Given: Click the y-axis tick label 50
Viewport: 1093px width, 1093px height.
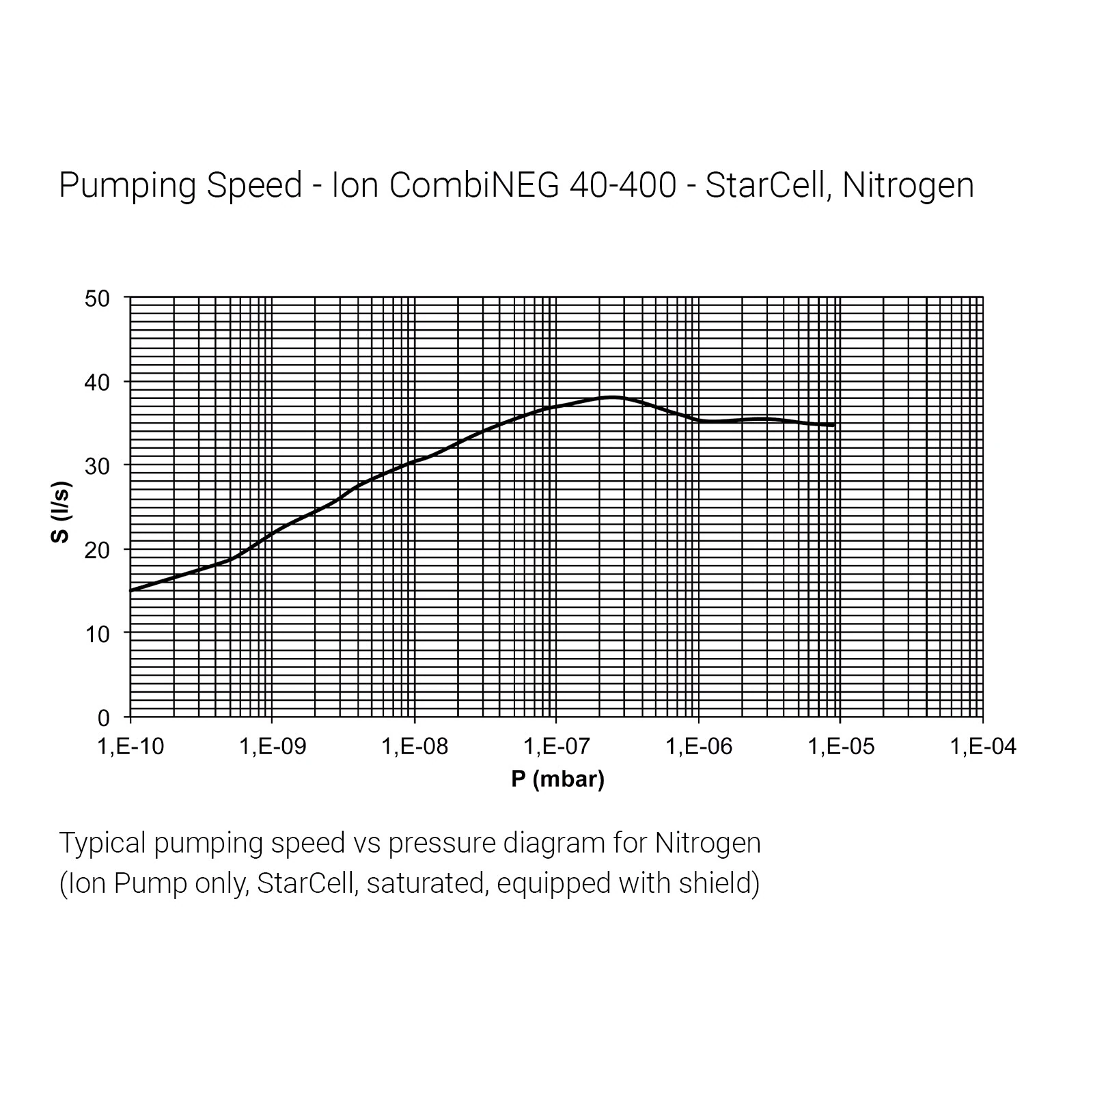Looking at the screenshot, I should click(97, 299).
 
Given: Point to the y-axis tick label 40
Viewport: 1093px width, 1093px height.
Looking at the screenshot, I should click(97, 383).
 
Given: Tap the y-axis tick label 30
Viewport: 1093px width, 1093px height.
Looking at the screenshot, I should click(97, 467).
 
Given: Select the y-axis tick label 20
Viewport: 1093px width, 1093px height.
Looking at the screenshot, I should click(97, 550).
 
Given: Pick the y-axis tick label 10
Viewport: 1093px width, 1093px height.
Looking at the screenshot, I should click(97, 634).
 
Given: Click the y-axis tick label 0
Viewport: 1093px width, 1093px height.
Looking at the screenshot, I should click(103, 718).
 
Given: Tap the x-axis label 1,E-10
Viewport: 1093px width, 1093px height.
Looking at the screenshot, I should click(130, 747).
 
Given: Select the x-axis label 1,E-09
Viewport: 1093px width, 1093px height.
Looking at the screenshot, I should click(273, 747).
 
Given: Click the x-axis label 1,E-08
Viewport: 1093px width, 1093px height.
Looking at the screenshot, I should click(415, 747).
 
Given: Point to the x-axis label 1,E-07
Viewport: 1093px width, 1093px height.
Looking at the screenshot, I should click(557, 747).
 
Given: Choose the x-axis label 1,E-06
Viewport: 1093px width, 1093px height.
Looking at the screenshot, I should click(699, 747).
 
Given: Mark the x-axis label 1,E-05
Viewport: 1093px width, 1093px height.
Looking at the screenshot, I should click(841, 747).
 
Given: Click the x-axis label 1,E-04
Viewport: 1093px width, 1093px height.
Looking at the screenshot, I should click(983, 747).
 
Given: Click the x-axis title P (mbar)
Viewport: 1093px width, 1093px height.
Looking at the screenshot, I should click(557, 779).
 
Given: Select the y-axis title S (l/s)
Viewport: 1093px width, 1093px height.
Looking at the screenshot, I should click(61, 512).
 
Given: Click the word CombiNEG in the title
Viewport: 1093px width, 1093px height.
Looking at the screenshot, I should click(474, 185).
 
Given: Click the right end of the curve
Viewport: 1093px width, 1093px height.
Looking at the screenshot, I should click(833, 425).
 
